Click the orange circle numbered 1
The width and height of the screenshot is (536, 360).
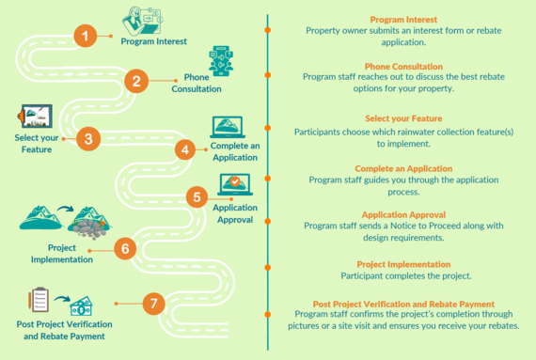click(86, 37)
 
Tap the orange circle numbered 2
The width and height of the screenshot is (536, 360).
click(136, 81)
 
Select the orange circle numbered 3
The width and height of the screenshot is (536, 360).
click(87, 139)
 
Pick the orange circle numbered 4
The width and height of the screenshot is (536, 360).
click(186, 149)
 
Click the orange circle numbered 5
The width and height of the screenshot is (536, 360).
click(197, 196)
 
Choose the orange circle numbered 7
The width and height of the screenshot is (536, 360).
click(154, 304)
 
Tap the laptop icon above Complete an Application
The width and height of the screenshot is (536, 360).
click(229, 127)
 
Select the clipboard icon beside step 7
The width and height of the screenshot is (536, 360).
click(39, 300)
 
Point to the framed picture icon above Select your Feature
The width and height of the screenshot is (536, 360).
click(36, 117)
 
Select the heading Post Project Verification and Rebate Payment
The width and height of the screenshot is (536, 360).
click(402, 305)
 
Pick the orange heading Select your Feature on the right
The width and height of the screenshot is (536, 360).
click(404, 119)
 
